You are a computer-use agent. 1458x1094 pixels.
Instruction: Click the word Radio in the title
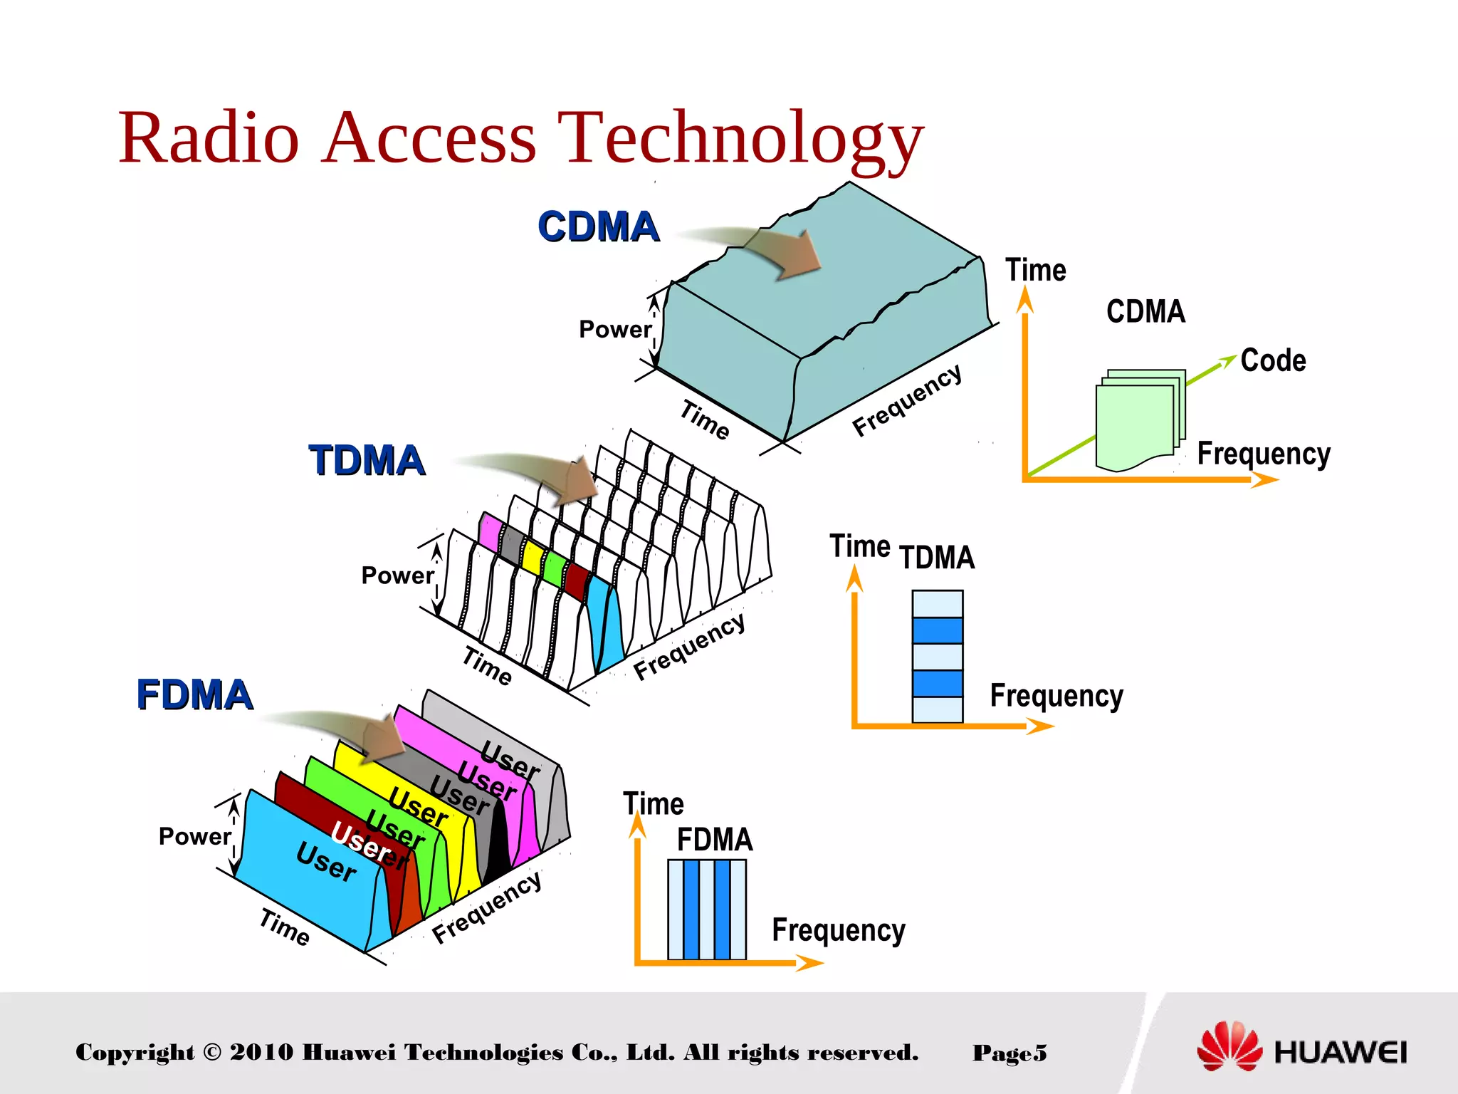[209, 137]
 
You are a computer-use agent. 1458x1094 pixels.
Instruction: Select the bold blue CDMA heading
[598, 227]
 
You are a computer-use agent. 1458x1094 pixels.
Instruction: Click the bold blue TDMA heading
[367, 460]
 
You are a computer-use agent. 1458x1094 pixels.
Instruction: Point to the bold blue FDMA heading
[194, 694]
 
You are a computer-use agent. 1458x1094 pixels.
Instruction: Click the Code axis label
[1273, 360]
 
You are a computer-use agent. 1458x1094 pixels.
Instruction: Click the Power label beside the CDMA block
[614, 330]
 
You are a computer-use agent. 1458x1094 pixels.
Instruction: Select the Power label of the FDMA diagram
[194, 836]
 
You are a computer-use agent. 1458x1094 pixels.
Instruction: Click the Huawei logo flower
[1229, 1047]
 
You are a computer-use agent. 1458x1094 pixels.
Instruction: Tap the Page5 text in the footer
[1009, 1053]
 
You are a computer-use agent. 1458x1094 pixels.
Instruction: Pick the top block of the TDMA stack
[938, 603]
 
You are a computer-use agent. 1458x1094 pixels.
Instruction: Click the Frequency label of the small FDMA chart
[839, 929]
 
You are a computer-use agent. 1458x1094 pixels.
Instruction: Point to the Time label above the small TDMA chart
[860, 546]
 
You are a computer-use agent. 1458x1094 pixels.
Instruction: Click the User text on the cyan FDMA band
[326, 861]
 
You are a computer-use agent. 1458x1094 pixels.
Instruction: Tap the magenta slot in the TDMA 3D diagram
[490, 531]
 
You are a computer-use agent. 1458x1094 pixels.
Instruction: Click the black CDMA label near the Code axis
[1145, 311]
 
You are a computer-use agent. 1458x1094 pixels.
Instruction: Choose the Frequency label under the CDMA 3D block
[907, 400]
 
